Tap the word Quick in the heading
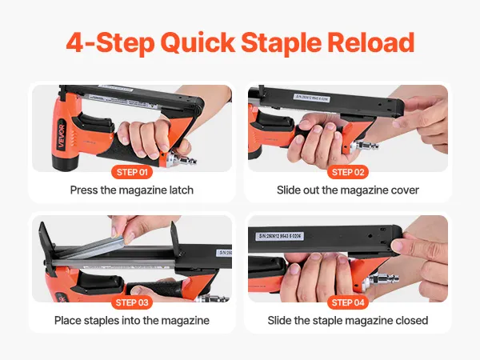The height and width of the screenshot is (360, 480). click(198, 44)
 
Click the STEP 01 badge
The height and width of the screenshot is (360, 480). click(132, 172)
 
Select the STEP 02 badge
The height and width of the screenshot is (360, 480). click(348, 172)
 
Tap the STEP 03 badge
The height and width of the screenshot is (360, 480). click(132, 302)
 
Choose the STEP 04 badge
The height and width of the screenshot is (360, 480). click(348, 302)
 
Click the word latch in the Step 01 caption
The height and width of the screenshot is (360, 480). click(182, 190)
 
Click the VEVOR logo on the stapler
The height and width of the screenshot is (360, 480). click(62, 136)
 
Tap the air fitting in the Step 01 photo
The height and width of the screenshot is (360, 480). click(182, 158)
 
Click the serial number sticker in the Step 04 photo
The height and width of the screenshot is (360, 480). click(280, 236)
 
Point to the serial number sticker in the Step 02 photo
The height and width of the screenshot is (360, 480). click(312, 98)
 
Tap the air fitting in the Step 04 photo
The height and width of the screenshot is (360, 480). click(382, 279)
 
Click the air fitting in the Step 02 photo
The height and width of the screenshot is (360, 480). click(364, 146)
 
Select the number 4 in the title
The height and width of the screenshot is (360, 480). click(75, 42)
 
